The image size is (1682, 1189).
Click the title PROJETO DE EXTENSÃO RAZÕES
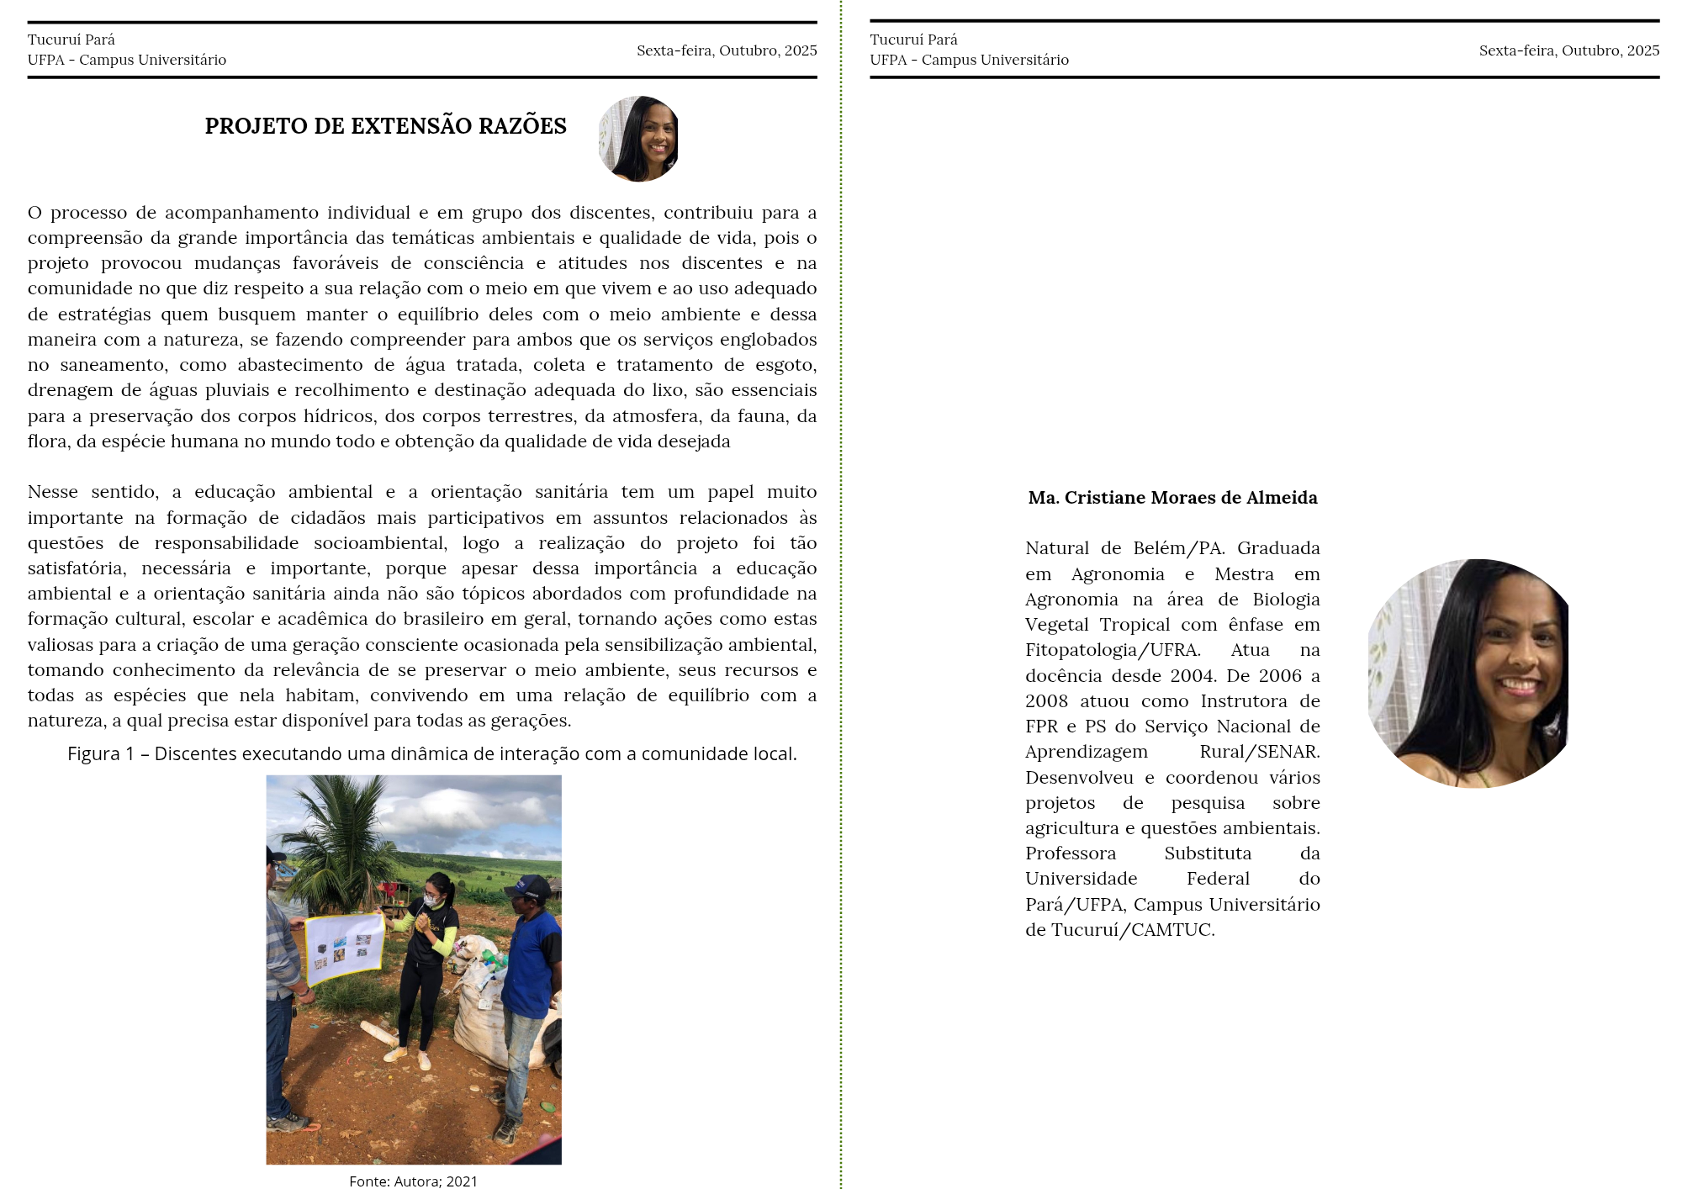[385, 126]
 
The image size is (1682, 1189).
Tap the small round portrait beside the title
[638, 139]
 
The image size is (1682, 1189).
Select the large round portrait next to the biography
[1468, 673]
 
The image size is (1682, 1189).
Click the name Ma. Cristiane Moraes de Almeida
[1172, 498]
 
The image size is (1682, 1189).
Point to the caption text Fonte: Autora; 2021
[413, 1181]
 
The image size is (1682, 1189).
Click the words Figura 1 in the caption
[100, 753]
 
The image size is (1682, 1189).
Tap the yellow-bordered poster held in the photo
[344, 947]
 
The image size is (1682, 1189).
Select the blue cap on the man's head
[528, 886]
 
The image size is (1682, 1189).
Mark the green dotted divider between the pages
[840, 589]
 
